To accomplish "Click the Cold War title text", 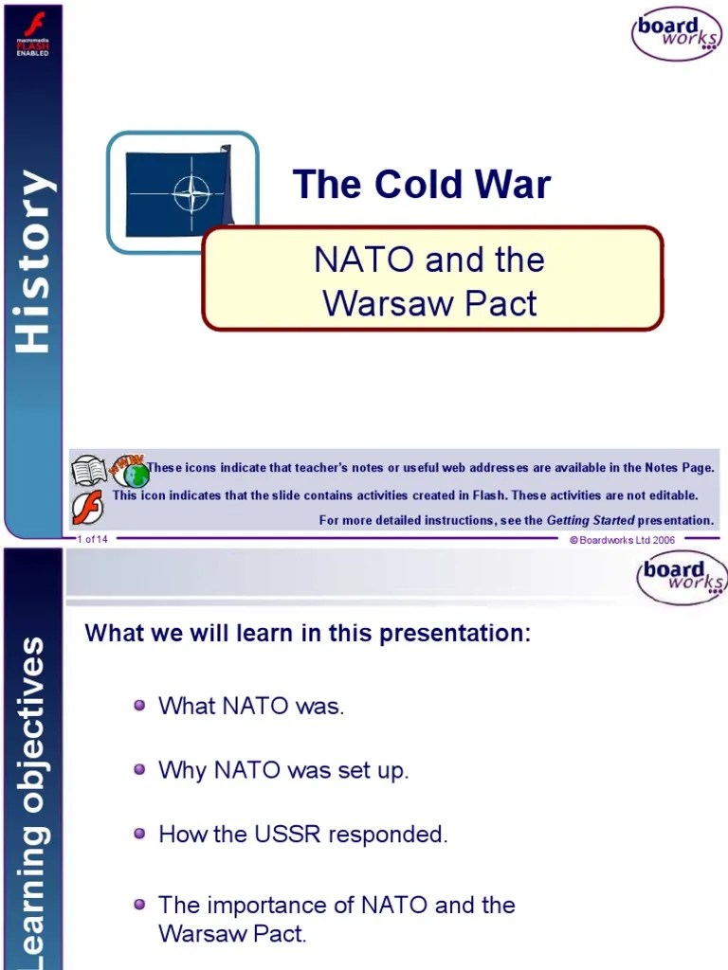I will [421, 184].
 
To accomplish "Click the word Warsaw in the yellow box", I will [380, 303].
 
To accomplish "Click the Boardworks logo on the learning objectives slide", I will [682, 578].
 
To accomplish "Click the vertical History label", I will [34, 261].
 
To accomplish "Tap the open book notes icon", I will [89, 470].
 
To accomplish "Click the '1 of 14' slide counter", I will [93, 539].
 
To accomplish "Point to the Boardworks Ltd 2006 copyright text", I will [622, 539].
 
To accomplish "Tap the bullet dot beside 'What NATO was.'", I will [139, 705].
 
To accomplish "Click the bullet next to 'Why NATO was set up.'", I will [139, 769].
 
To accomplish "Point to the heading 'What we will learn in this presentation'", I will [308, 634].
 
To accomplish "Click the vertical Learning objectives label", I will [34, 796].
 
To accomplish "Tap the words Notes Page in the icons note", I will [679, 468].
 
